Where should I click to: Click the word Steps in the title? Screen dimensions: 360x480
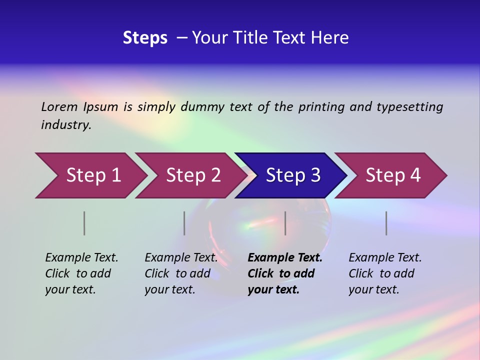[145, 38]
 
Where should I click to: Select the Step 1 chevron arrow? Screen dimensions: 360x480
[93, 175]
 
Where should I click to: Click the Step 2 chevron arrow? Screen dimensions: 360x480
[193, 175]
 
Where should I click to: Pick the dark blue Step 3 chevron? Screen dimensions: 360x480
[292, 175]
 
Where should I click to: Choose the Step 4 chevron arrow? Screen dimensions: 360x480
[392, 175]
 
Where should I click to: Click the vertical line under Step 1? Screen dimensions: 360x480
[84, 223]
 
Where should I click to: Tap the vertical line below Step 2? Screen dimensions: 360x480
[184, 223]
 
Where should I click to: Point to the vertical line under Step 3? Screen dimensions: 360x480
[285, 223]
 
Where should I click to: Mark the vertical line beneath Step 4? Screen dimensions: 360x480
[386, 223]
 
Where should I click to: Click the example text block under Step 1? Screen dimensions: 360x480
[81, 273]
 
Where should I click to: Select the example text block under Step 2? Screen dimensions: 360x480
[181, 273]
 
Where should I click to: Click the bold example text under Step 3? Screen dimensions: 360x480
[285, 273]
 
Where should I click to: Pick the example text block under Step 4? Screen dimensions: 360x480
[385, 273]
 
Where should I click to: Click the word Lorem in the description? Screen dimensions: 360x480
[59, 106]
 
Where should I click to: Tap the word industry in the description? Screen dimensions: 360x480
[66, 124]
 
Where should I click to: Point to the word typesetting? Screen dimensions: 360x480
[409, 106]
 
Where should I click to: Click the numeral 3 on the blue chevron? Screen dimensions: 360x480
[315, 175]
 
